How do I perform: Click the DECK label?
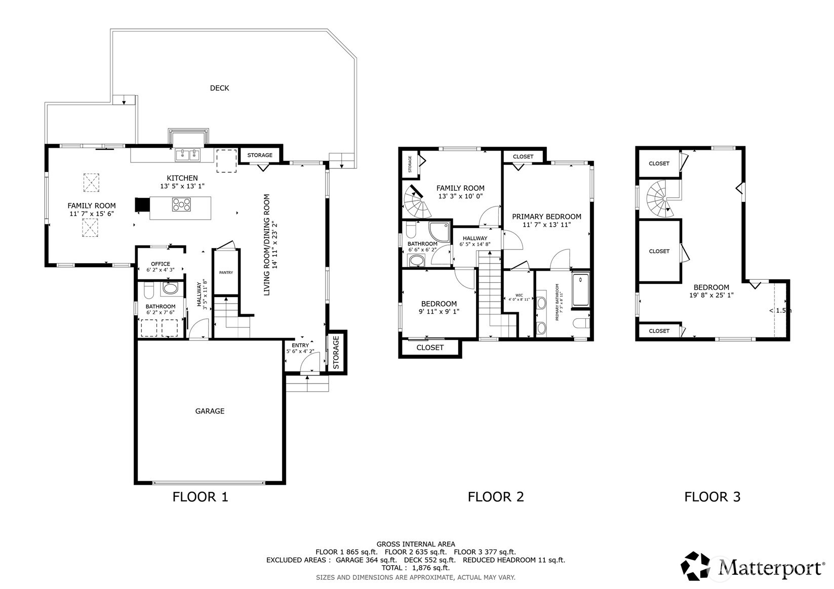tap(219, 88)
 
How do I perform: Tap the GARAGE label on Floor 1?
tap(210, 411)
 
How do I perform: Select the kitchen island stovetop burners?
tap(182, 204)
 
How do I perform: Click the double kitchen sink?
tap(187, 155)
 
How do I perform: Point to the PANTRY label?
tap(226, 273)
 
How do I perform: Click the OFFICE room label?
tap(161, 264)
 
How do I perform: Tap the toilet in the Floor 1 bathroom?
tap(149, 291)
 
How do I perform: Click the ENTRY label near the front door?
tap(300, 345)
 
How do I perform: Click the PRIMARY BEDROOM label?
tap(546, 217)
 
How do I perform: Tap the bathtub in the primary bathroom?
tap(581, 290)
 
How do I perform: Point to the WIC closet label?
tap(519, 295)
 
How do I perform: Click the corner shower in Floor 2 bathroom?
tap(439, 231)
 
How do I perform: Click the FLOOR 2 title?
tap(495, 496)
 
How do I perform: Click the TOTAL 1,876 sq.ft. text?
tap(415, 568)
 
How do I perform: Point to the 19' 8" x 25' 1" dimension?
tap(711, 295)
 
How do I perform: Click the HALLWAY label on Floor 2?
tap(474, 238)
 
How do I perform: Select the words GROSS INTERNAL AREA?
tap(415, 544)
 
